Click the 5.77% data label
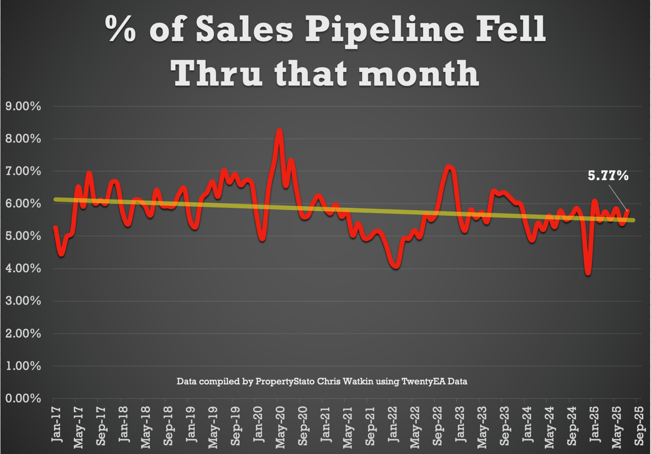608,176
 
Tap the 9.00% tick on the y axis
22,106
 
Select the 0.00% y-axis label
22,399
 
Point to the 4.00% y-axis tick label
22,269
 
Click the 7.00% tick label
22,172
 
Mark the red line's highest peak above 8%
279,131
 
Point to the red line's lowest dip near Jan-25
588,273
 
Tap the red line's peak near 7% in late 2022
449,166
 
